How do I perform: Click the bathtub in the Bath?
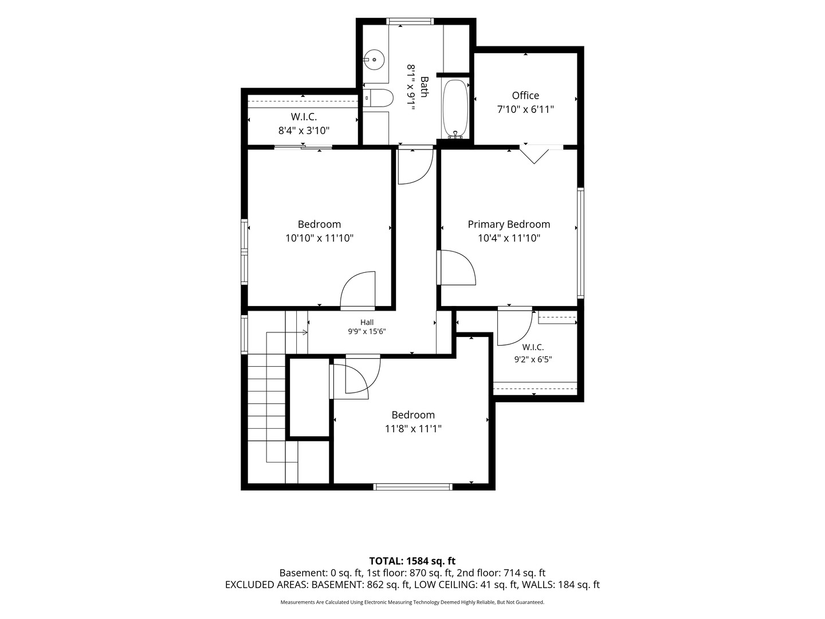[x=455, y=109]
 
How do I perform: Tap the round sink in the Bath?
[x=374, y=60]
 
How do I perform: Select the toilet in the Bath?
[x=378, y=98]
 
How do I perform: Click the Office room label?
[x=525, y=96]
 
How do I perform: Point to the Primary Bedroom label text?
[x=509, y=224]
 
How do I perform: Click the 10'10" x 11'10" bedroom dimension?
[x=319, y=238]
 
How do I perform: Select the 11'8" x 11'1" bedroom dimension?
[x=412, y=429]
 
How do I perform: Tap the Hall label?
[x=367, y=322]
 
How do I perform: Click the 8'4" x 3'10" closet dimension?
[x=304, y=131]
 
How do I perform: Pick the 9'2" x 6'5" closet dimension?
[x=533, y=359]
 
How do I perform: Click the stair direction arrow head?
[x=305, y=332]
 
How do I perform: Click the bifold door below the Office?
[x=534, y=154]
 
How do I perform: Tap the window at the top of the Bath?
[x=410, y=21]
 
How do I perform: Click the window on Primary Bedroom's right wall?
[x=581, y=243]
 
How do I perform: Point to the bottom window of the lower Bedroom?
[x=412, y=487]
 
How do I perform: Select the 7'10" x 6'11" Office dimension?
[x=525, y=109]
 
